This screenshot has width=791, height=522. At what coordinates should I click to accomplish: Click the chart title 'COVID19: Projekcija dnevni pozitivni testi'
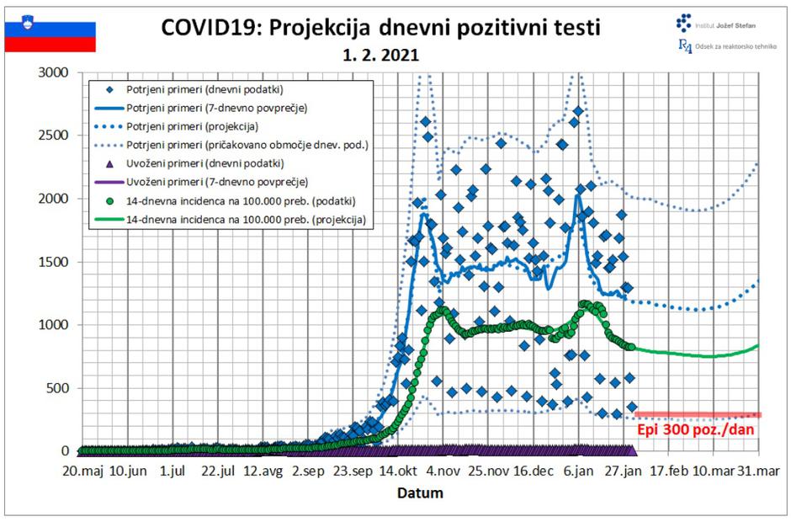point(380,28)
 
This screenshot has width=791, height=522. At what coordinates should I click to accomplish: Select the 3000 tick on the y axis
point(56,73)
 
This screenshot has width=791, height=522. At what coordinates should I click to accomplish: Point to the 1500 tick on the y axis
point(56,262)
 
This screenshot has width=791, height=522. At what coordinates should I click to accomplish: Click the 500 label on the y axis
point(60,388)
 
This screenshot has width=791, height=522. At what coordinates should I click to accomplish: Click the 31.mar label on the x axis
point(758,471)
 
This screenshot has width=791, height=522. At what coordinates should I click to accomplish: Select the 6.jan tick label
point(578,471)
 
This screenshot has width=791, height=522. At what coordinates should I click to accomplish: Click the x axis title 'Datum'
point(419,492)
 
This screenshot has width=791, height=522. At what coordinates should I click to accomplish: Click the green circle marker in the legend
point(109,200)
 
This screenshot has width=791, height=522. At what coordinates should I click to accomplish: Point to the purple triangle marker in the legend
point(109,163)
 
